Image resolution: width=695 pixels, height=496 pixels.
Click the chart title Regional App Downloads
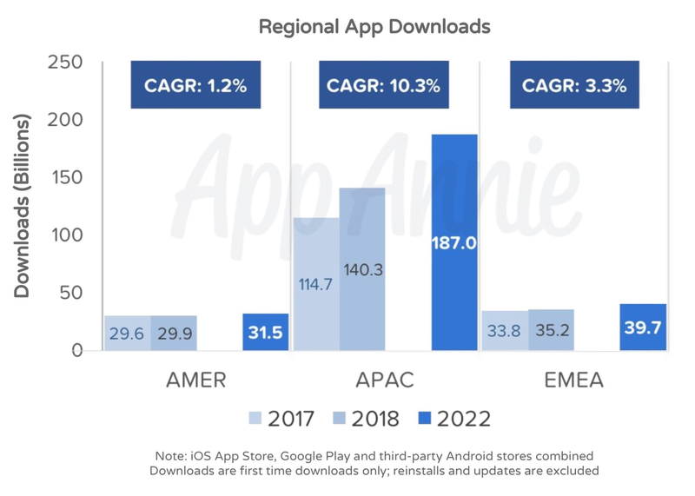click(374, 27)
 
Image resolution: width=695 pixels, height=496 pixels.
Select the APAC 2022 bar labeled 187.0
click(454, 242)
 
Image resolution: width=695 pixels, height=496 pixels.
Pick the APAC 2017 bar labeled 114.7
click(316, 284)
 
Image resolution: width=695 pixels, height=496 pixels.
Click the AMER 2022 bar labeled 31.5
click(266, 333)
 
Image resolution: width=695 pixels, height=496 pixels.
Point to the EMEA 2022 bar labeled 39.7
click(644, 327)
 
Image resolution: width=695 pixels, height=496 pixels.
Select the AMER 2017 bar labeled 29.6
click(127, 334)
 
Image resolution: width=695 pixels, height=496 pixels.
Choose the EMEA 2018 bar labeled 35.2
click(551, 330)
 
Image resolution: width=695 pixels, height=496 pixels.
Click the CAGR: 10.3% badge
click(382, 86)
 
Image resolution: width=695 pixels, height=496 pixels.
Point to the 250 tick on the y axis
click(65, 63)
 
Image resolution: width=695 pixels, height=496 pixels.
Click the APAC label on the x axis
click(383, 380)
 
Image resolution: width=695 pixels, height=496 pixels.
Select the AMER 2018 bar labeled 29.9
click(173, 334)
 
